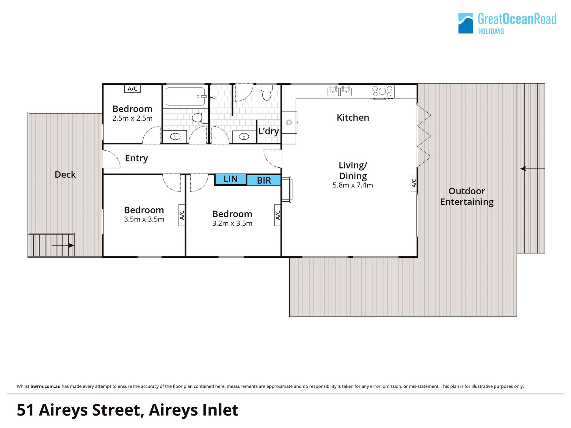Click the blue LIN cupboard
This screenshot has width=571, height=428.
(230, 179)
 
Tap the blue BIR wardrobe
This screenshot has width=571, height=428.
(264, 180)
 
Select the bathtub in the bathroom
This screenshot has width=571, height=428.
(185, 96)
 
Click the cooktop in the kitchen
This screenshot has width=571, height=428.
(382, 91)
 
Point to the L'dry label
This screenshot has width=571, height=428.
(269, 131)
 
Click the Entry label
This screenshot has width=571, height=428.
(137, 158)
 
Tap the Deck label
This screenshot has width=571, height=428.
(65, 174)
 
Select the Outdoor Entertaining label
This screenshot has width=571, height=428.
(467, 196)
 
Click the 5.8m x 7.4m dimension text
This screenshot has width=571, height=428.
(353, 185)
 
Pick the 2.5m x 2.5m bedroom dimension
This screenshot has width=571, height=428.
(132, 118)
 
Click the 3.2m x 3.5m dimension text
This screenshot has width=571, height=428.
(232, 223)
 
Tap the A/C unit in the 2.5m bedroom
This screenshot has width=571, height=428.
(132, 89)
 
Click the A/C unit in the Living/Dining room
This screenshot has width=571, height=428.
(414, 183)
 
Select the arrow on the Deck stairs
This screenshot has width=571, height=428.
(63, 246)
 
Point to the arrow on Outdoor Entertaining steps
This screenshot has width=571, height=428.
(532, 169)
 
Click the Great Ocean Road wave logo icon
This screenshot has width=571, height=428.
(465, 23)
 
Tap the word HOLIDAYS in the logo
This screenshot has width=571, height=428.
(491, 31)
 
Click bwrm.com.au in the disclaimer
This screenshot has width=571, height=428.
(45, 386)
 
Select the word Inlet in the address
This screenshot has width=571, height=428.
(220, 410)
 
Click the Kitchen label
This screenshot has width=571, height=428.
(353, 118)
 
